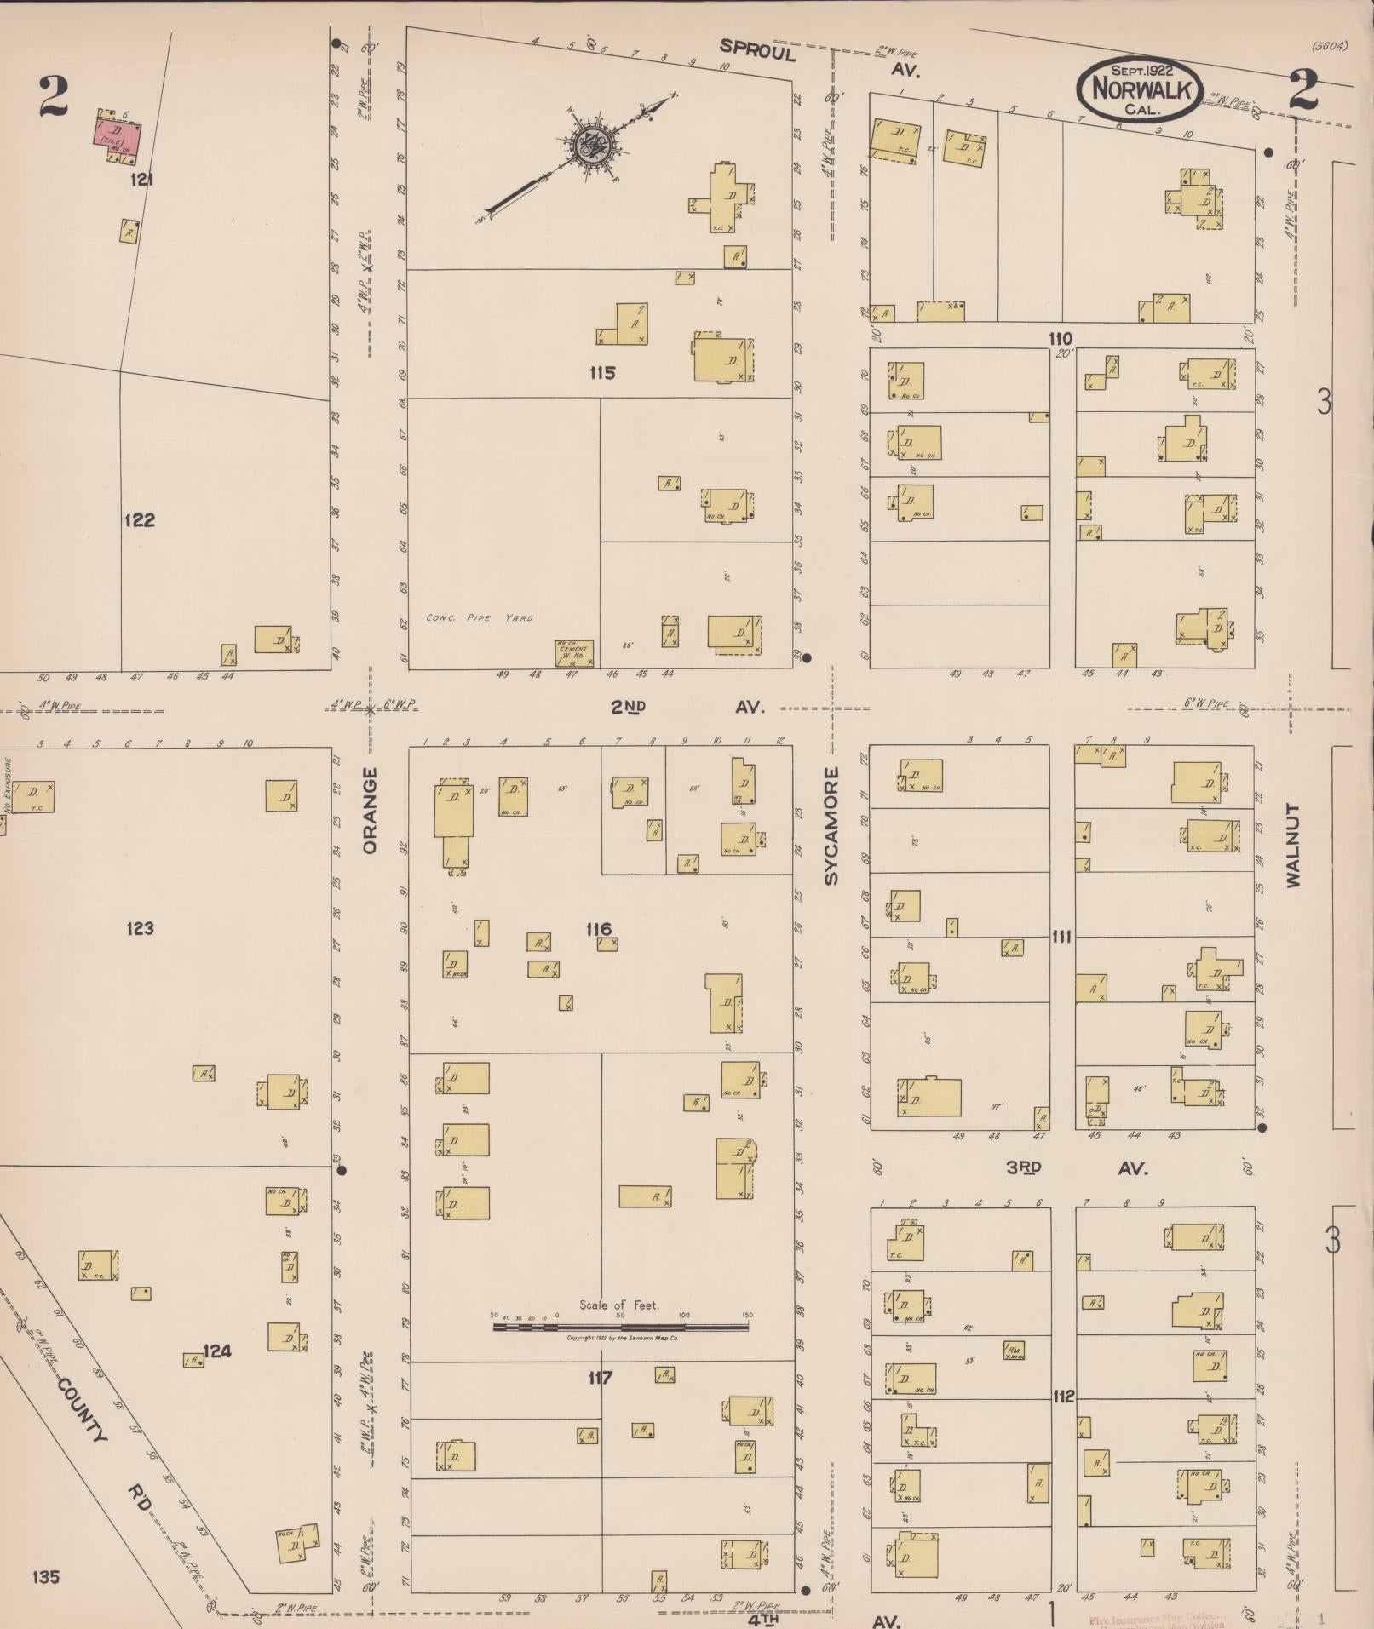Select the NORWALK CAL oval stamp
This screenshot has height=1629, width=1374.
point(1138,89)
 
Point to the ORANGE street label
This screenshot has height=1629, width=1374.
point(370,810)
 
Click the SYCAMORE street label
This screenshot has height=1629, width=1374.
point(832,825)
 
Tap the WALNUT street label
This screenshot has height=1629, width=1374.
point(1294,844)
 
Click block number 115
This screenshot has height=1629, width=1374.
point(601,372)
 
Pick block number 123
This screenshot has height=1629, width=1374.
point(140,927)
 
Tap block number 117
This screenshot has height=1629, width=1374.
point(600,1377)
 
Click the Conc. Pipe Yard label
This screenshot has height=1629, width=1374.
point(479,617)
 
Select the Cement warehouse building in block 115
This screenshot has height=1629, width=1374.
point(573,652)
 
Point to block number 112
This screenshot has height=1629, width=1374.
point(1063,1397)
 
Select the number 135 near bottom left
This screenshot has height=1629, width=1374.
point(46,1577)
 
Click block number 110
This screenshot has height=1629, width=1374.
point(1061,338)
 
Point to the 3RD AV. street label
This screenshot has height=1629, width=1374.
point(1073,1167)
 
